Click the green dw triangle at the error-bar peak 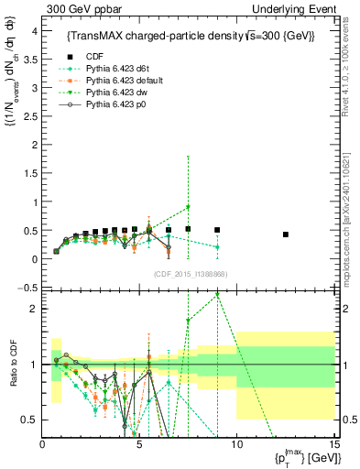click(188, 207)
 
